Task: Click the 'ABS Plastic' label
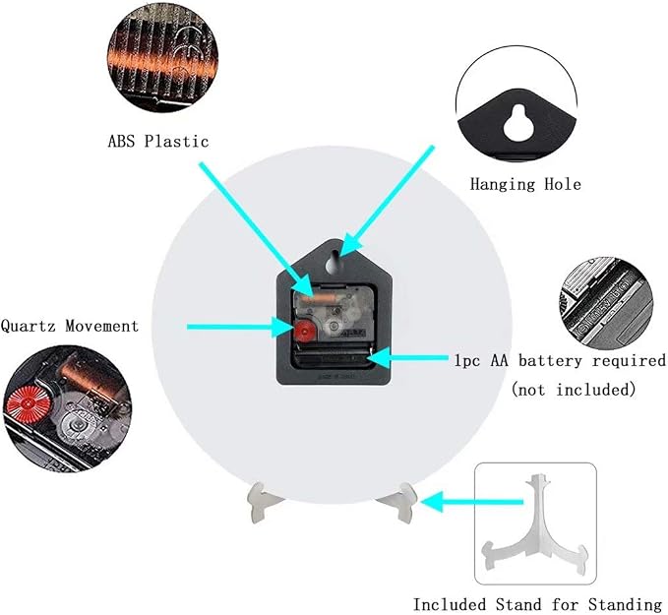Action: [x=158, y=141]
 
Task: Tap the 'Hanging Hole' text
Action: [x=525, y=184]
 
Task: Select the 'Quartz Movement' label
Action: [x=70, y=326]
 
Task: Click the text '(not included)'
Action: [x=574, y=389]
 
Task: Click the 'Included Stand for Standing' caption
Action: [x=537, y=604]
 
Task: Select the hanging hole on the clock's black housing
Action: [x=334, y=263]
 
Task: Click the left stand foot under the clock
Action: [x=261, y=501]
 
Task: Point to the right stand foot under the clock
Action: [x=399, y=502]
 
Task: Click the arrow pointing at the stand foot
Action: [x=471, y=502]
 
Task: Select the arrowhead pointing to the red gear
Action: [x=283, y=328]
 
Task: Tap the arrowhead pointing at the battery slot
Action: [x=378, y=357]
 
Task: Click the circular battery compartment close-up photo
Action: [x=606, y=303]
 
